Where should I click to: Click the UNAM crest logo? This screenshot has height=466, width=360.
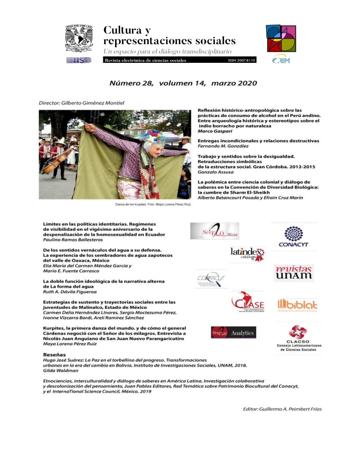coord(79,38)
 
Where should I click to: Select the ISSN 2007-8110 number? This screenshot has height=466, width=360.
coord(241,60)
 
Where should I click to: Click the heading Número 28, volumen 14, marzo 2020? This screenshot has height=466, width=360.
coord(183,83)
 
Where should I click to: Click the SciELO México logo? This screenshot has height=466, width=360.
coord(214,231)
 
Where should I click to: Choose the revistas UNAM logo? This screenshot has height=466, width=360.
coord(293,272)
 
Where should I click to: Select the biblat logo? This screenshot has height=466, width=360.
coord(297,305)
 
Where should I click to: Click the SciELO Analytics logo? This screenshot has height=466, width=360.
coord(233,333)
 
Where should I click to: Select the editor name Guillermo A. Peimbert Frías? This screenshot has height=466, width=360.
coord(282,409)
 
